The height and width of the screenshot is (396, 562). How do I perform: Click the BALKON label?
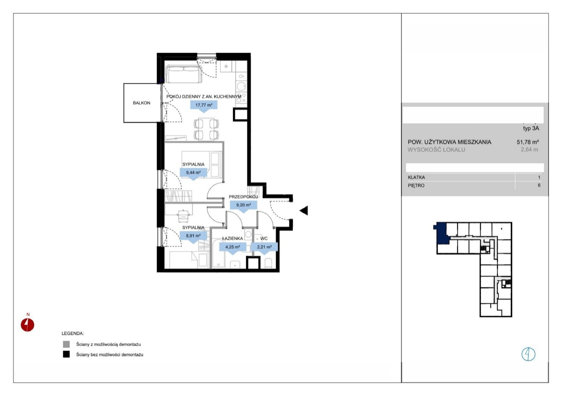(x=142, y=103)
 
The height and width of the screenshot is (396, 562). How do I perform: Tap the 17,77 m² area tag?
(x=204, y=105)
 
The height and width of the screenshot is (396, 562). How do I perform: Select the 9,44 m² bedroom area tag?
(x=193, y=173)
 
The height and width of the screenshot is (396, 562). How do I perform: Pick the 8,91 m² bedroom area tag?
(x=193, y=236)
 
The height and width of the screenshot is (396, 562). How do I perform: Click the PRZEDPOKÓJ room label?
(x=243, y=197)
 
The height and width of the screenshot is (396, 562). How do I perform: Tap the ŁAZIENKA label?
(x=233, y=238)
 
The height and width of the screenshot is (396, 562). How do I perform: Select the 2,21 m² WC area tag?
(x=264, y=247)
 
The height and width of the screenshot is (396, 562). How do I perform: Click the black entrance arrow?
(x=305, y=210)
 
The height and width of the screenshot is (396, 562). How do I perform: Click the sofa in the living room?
(x=184, y=74)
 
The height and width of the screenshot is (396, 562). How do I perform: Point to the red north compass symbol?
(x=27, y=325)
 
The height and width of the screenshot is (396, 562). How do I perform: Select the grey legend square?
(x=66, y=344)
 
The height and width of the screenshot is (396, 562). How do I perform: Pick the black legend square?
(x=66, y=354)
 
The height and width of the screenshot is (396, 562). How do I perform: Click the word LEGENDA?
(x=73, y=334)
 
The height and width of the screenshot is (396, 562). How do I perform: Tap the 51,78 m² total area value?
(x=528, y=142)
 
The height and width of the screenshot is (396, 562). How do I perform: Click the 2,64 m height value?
(x=529, y=150)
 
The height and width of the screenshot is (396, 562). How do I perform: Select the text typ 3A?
(x=531, y=128)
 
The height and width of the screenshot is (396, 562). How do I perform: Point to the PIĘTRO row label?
(x=416, y=186)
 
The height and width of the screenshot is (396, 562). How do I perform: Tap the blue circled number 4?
(x=528, y=354)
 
